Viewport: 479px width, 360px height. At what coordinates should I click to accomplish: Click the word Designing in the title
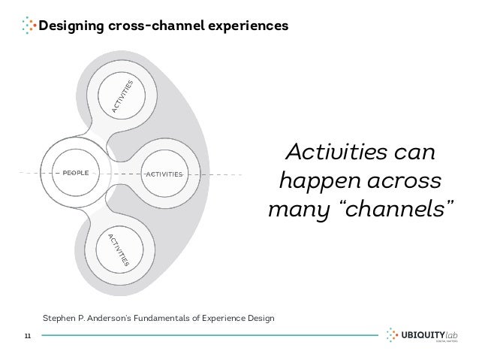(68, 26)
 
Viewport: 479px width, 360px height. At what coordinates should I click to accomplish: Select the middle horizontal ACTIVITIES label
(164, 174)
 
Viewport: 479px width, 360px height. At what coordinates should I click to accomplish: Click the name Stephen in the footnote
(60, 318)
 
